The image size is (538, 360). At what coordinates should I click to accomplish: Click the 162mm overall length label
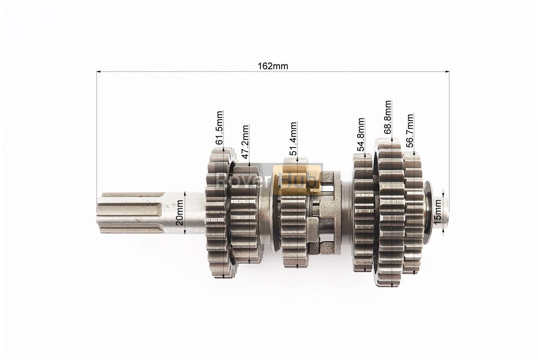[273, 66]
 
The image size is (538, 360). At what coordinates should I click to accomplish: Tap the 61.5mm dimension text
[219, 127]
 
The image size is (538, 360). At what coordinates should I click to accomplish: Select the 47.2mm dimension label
[245, 141]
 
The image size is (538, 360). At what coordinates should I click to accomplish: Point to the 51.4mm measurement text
[293, 138]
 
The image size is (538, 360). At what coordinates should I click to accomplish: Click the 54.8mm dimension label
[361, 134]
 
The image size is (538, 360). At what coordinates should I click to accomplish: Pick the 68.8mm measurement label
[387, 117]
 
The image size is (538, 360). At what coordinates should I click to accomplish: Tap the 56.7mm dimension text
[409, 130]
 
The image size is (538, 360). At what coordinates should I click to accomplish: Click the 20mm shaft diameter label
[179, 212]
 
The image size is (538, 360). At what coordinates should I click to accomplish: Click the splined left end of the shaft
[130, 213]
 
